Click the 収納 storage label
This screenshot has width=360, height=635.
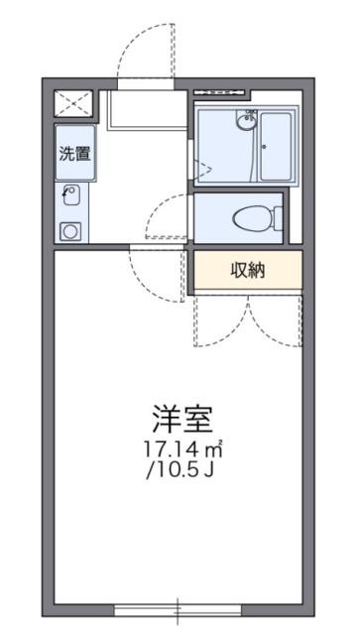pos(247,269)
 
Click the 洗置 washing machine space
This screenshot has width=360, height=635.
pos(74,155)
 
